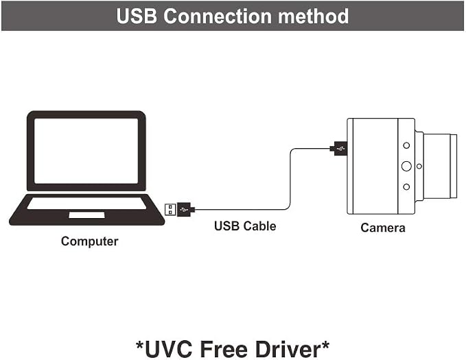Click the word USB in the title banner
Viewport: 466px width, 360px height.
point(137,16)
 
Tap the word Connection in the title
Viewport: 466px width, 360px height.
point(218,16)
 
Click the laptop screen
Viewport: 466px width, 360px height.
point(86,151)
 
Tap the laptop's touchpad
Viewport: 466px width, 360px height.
point(86,215)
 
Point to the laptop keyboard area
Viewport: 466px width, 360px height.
point(86,204)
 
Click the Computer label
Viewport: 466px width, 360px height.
point(89,241)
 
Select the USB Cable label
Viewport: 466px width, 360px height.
point(245,226)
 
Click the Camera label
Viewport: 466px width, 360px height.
point(383,228)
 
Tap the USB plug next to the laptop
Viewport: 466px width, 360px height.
point(180,209)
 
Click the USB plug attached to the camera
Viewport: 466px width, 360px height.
point(339,148)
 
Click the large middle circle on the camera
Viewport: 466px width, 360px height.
point(406,166)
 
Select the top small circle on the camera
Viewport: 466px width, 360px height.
point(406,145)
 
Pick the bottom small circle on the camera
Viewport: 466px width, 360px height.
point(406,187)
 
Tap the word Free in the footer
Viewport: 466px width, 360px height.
point(224,349)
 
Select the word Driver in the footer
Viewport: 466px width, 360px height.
point(288,349)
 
